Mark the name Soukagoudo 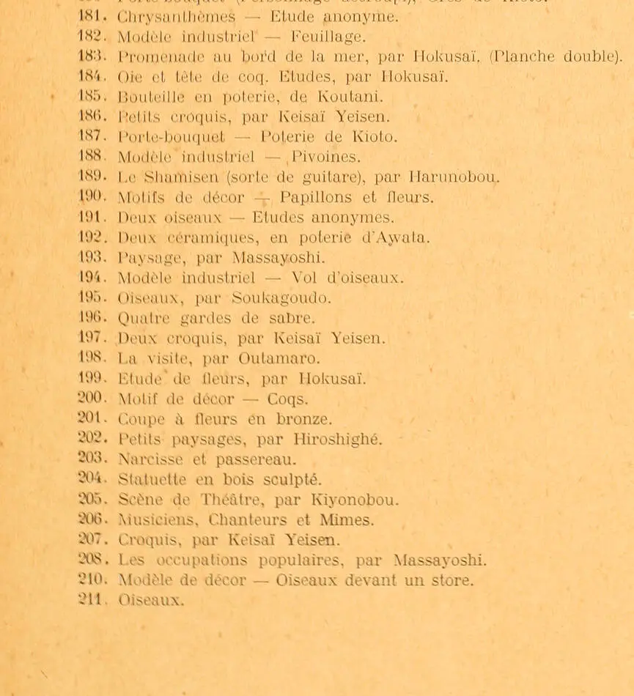pos(281,298)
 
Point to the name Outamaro pos(279,359)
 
